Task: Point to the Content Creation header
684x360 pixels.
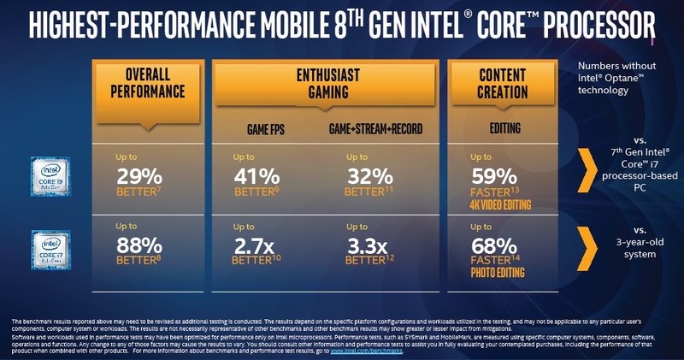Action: pyautogui.click(x=503, y=83)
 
